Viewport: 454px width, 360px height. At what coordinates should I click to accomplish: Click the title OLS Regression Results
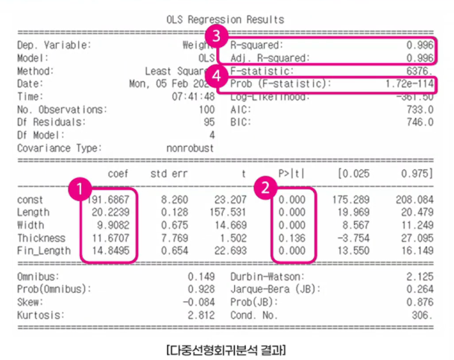click(226, 19)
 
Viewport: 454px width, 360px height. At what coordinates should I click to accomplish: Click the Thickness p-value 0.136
click(291, 238)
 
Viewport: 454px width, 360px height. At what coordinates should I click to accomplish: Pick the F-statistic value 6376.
click(418, 71)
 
